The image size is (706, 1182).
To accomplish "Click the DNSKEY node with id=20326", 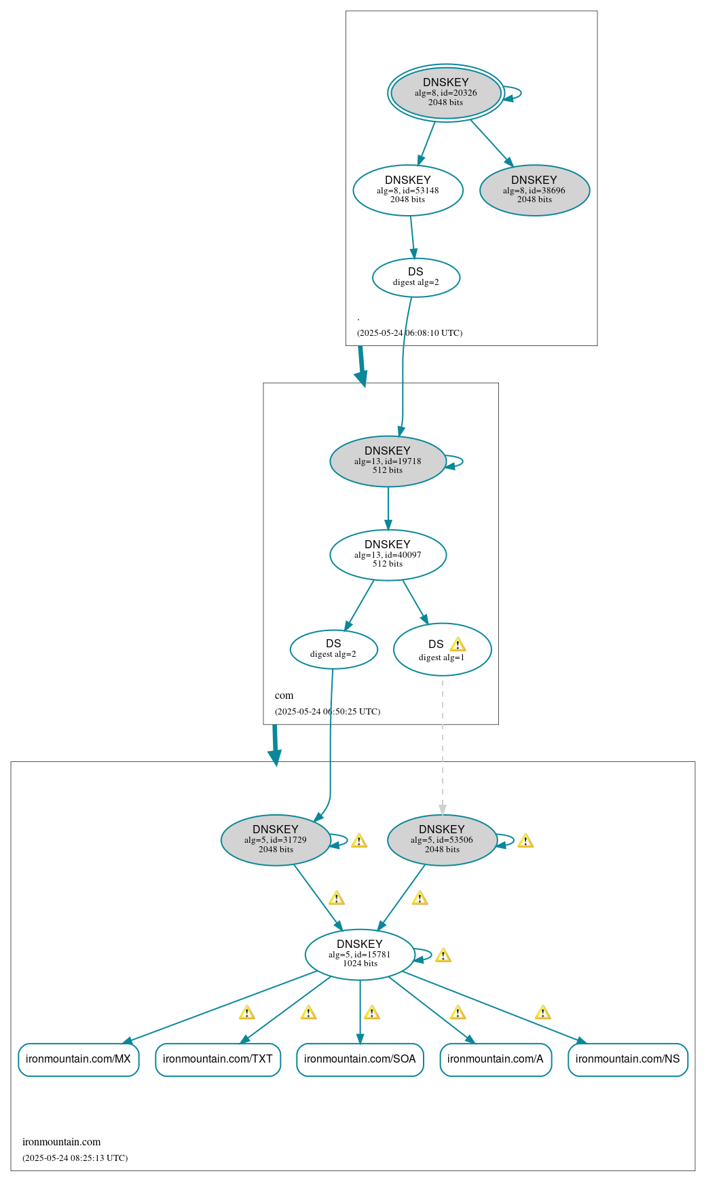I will point(446,93).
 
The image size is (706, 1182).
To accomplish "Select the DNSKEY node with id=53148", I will point(408,191).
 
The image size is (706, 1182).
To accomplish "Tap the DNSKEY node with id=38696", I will point(534,191).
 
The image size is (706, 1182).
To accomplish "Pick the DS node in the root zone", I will point(416,278).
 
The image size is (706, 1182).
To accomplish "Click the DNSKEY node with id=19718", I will point(388,461).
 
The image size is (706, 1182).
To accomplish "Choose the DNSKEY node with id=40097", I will point(388,555).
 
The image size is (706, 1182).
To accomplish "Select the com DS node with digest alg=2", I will point(333,649).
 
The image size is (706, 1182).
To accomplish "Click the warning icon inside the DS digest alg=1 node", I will point(458,645).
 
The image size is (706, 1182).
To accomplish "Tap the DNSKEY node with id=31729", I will point(276,840).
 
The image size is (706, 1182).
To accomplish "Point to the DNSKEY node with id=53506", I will point(442,840).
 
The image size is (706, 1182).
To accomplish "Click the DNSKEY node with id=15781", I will point(360,955).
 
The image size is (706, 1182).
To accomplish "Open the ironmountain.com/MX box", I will point(79,1059).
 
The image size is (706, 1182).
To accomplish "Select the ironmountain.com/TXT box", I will point(218,1059).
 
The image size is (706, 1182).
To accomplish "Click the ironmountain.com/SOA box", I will point(360,1059).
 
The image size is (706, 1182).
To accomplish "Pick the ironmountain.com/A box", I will point(496,1059).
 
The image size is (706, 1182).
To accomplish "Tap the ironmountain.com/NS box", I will point(628,1059).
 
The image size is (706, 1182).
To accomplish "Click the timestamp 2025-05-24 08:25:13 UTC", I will point(75,1158).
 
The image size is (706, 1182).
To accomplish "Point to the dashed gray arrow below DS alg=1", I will point(443,746).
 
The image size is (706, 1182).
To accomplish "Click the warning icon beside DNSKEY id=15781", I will point(443,955).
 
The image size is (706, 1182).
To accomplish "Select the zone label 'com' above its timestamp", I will point(284,695).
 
